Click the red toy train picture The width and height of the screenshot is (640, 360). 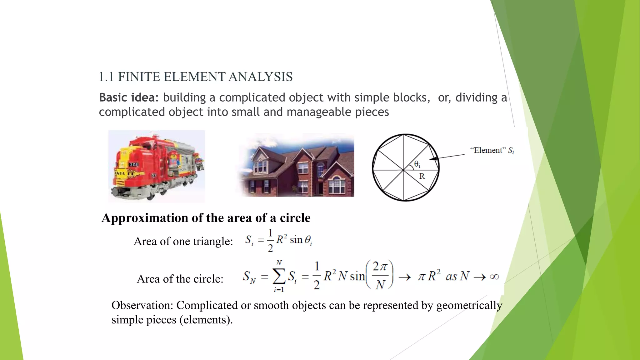point(157,166)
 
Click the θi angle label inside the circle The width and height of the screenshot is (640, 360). point(417,164)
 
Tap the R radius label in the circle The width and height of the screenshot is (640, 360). point(422,176)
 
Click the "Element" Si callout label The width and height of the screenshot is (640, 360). point(492,151)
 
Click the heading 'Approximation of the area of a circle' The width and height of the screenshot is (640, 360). point(206,218)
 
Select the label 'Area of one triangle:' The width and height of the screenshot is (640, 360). point(183,241)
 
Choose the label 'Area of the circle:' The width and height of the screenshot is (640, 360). point(180,279)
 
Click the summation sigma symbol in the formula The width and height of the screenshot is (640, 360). point(279,276)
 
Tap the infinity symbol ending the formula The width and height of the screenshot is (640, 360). point(494,277)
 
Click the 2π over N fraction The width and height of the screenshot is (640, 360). point(380,275)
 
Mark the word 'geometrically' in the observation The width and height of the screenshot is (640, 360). point(469,305)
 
